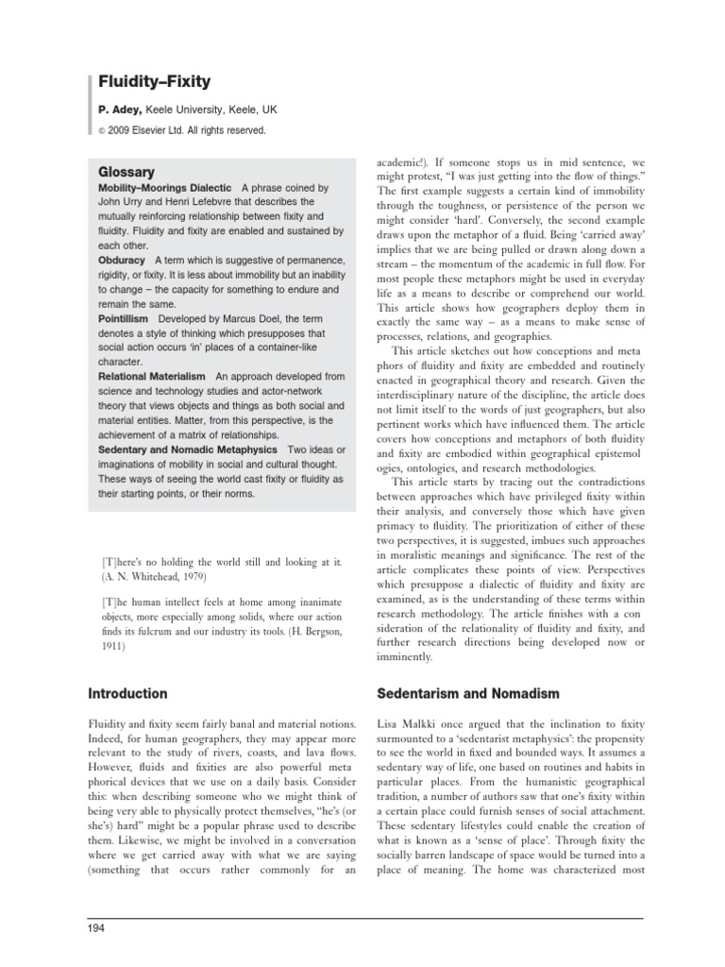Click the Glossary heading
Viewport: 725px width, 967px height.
point(126,173)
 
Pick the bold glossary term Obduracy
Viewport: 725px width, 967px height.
point(122,260)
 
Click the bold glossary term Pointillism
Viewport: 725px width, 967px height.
point(123,320)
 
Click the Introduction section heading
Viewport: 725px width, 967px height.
point(127,694)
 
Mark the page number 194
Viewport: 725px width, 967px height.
point(95,929)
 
